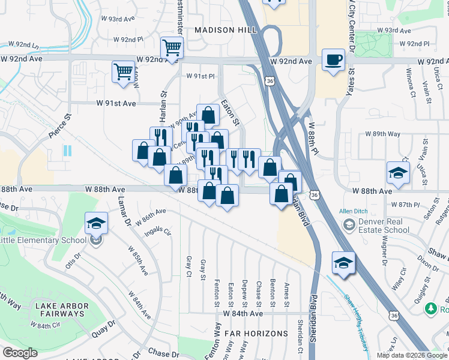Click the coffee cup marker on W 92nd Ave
tap(334, 60)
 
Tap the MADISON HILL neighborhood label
tap(225, 29)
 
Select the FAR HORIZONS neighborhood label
tap(249, 332)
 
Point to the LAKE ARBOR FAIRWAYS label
tap(62, 310)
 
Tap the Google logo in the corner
tap(20, 353)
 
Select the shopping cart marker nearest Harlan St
tap(123, 71)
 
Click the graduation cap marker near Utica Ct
tap(397, 173)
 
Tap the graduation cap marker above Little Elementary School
tap(96, 224)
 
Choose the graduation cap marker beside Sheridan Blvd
tap(344, 263)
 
